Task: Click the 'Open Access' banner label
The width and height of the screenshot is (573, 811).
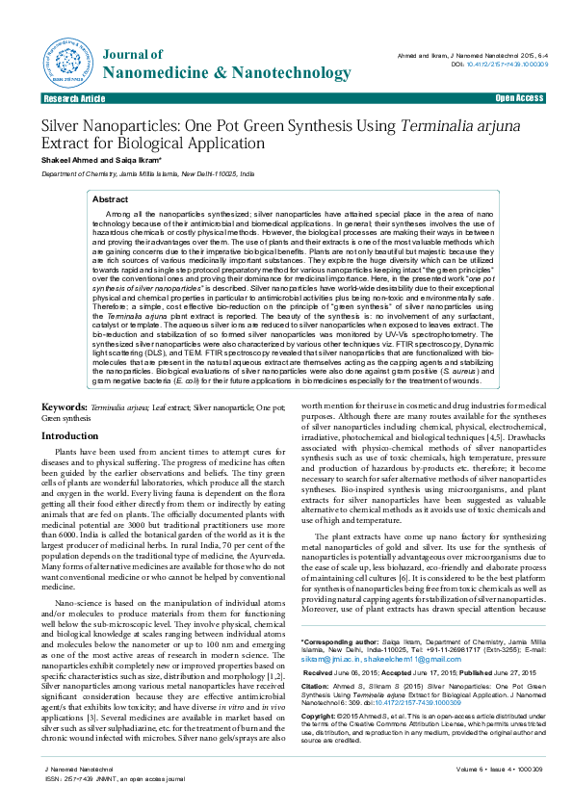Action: (x=519, y=98)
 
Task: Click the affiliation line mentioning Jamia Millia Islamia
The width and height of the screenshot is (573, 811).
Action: (x=147, y=174)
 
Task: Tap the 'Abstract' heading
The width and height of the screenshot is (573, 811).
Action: (x=110, y=198)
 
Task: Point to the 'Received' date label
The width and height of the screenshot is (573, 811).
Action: (x=323, y=672)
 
